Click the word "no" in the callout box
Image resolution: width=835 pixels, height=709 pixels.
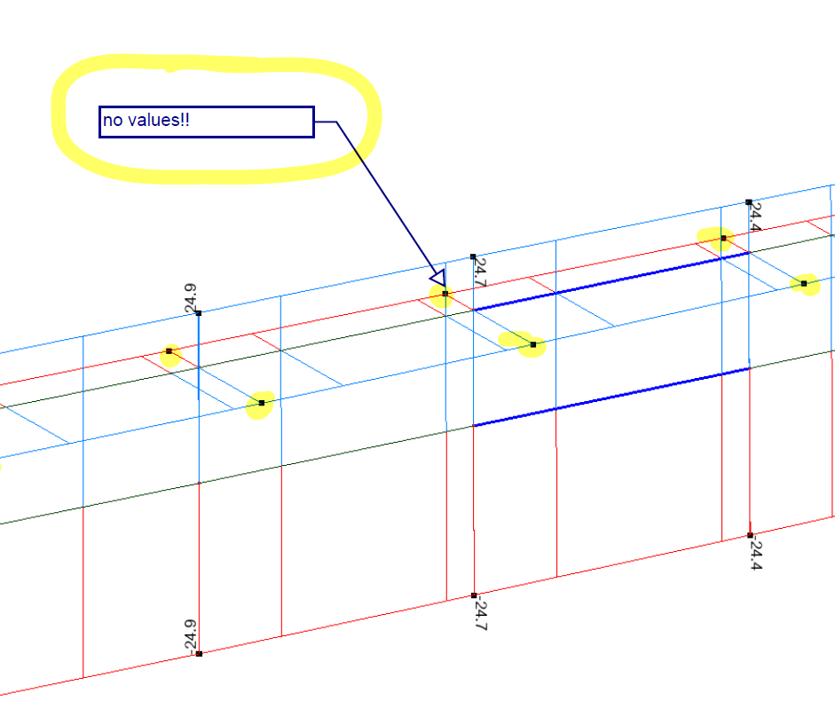[x=112, y=121]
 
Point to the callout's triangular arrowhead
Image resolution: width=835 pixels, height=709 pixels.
[x=437, y=278]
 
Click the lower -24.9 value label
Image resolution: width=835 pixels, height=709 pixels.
[x=189, y=634]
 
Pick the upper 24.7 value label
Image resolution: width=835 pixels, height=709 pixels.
[x=480, y=272]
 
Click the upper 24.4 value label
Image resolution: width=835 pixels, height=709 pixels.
[x=755, y=217]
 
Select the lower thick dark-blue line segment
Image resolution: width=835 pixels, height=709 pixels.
[x=612, y=397]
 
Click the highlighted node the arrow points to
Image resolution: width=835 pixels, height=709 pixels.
[x=445, y=294]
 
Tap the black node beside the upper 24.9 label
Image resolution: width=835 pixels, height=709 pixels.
[x=199, y=313]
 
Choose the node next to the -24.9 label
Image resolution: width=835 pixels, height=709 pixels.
[x=199, y=654]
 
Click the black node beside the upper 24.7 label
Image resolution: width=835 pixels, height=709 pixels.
[x=473, y=256]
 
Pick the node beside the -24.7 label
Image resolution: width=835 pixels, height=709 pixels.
[x=474, y=595]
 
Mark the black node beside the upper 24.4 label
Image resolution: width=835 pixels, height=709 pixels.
[x=749, y=202]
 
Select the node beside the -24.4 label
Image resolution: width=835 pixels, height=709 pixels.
[x=750, y=535]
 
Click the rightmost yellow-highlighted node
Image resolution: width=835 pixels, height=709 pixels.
[x=804, y=284]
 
